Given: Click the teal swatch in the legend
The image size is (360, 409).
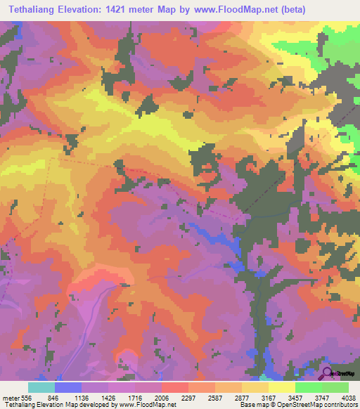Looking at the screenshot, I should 41,387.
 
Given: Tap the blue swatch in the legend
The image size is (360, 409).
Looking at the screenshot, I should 68,387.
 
